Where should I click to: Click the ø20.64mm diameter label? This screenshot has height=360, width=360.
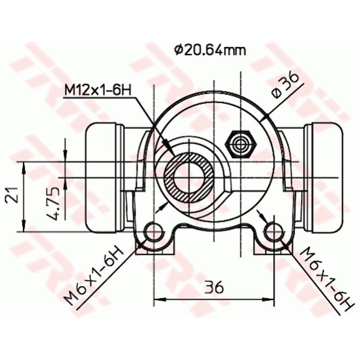210,50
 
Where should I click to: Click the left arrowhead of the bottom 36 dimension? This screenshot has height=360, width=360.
158,298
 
